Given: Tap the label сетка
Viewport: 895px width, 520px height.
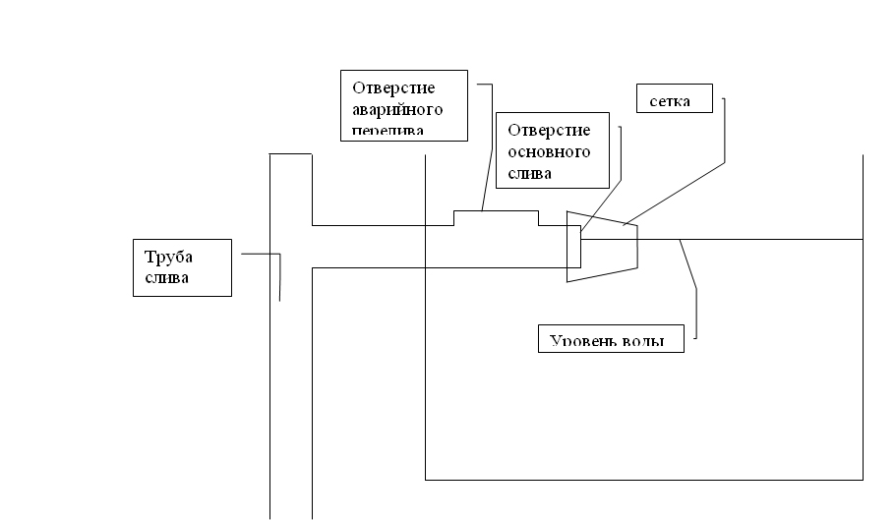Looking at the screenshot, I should pyautogui.click(x=670, y=101).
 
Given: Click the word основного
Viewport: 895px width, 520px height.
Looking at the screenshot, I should pyautogui.click(x=549, y=152).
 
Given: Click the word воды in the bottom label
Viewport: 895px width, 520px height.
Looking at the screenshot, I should pyautogui.click(x=644, y=342).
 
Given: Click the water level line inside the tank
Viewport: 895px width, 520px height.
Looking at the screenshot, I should pyautogui.click(x=767, y=239).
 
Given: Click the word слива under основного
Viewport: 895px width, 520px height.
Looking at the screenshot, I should pyautogui.click(x=529, y=173).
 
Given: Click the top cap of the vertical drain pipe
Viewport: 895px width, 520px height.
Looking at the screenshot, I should pyautogui.click(x=290, y=153).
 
